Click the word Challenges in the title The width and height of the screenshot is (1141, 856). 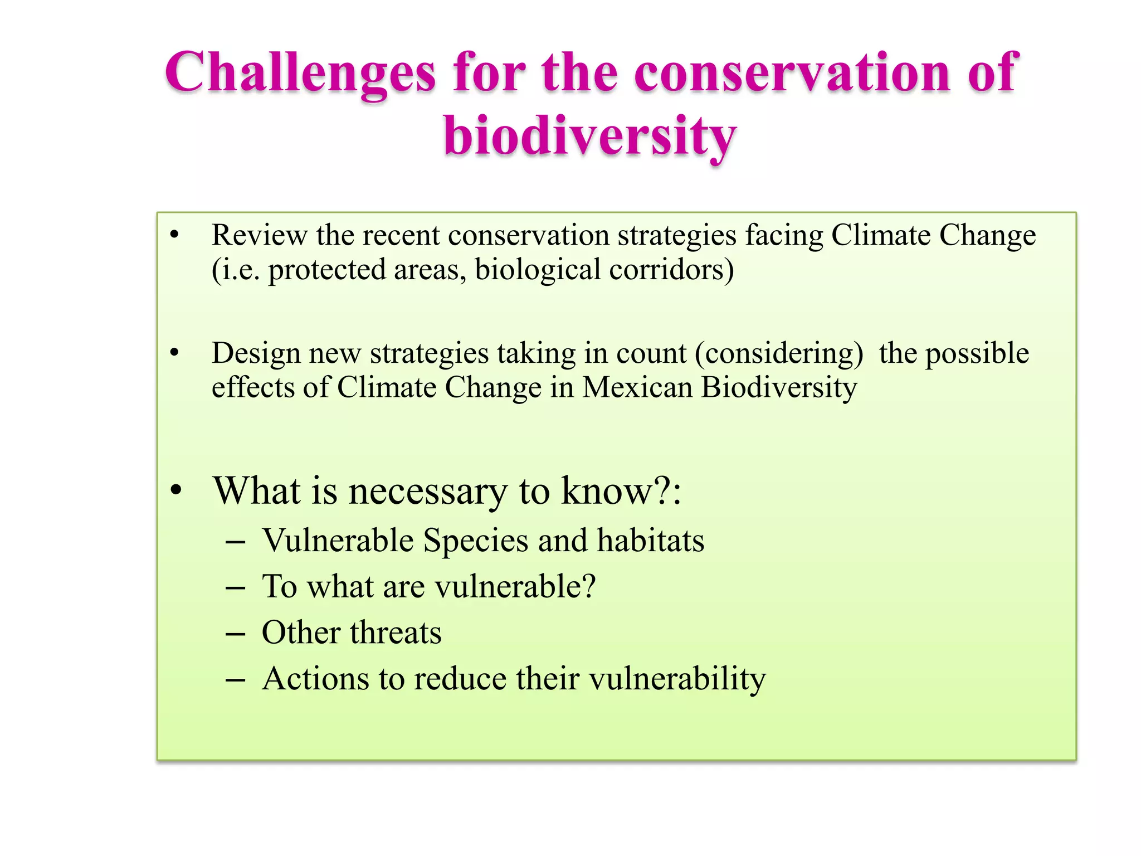click(300, 74)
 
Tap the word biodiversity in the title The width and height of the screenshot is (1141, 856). click(591, 137)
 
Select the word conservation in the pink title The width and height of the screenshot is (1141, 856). click(792, 72)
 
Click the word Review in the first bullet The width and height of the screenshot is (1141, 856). click(259, 235)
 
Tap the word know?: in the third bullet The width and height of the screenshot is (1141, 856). click(621, 491)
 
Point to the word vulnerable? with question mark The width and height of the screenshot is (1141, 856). click(515, 587)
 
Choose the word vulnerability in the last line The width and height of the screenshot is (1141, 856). click(677, 679)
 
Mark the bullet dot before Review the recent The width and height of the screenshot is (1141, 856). click(175, 235)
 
